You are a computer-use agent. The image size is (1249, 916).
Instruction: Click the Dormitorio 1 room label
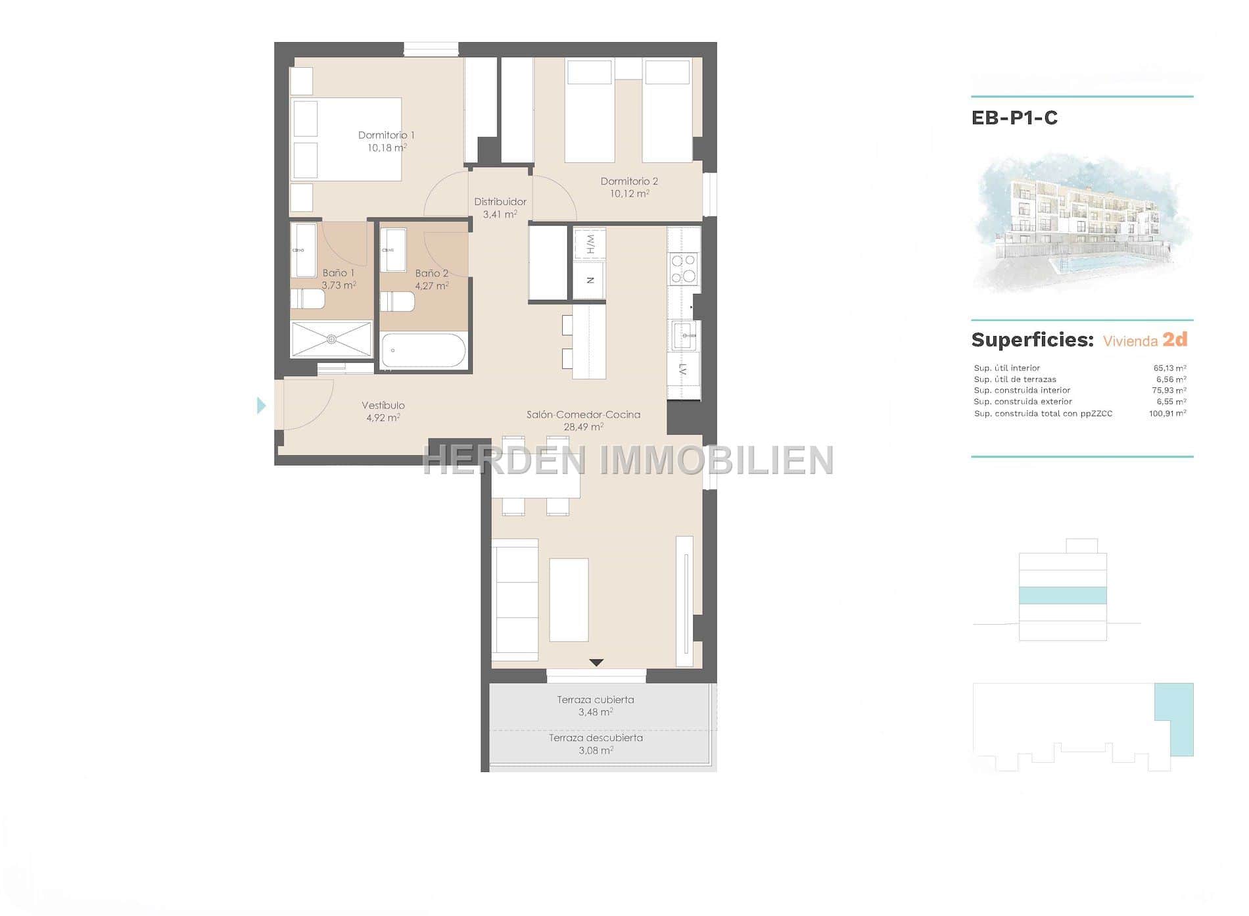tap(386, 135)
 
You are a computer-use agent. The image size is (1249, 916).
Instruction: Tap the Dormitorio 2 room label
tap(629, 181)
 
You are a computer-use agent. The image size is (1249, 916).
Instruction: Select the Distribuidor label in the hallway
tap(500, 202)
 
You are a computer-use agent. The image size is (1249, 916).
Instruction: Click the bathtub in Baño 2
tap(423, 350)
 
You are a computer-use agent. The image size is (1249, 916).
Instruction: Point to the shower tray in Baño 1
tap(331, 339)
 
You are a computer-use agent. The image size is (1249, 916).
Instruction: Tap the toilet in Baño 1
tap(308, 300)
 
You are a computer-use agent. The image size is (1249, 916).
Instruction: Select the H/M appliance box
tap(590, 245)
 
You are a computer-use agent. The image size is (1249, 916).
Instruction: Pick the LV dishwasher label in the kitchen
tap(684, 370)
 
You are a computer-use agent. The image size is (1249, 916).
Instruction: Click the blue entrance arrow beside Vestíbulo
tap(262, 406)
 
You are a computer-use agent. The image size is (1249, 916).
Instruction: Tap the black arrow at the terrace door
tap(596, 663)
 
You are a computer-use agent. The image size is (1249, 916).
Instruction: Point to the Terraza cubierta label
tap(596, 700)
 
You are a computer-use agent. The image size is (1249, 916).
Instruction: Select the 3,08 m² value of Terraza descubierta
tap(596, 750)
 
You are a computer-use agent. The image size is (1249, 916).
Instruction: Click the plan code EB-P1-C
tap(1014, 118)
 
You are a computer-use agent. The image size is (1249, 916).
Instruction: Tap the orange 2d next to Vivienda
tap(1175, 339)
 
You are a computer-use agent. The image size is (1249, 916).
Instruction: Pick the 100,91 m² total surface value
tap(1167, 414)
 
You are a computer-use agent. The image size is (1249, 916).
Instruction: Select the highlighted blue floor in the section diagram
tap(1063, 595)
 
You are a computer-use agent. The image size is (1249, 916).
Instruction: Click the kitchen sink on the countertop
tap(684, 335)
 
